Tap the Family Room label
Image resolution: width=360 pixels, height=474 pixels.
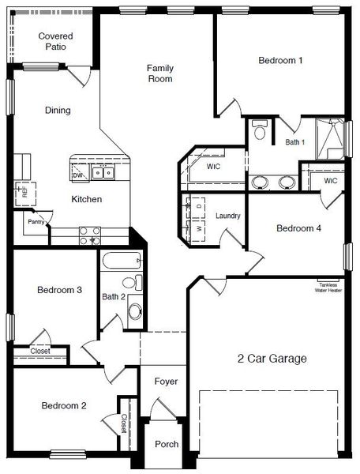(x=160, y=73)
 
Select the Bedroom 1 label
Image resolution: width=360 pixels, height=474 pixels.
(x=281, y=60)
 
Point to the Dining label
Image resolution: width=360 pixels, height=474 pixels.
(x=58, y=111)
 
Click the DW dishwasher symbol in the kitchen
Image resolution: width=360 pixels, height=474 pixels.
(x=78, y=175)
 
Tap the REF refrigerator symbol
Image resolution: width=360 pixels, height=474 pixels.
(x=23, y=190)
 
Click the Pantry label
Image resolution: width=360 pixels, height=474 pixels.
(x=36, y=222)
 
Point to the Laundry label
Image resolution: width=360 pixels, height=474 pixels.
(x=227, y=216)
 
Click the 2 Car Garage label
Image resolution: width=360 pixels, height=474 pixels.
(x=272, y=359)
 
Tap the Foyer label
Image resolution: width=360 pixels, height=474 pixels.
(x=166, y=382)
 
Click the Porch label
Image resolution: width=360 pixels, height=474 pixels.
(x=166, y=444)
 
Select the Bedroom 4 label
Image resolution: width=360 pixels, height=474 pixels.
(x=298, y=228)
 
